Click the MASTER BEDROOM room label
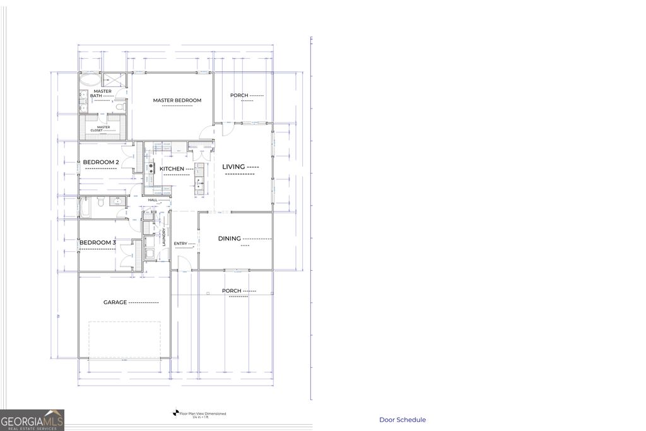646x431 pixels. point(177,100)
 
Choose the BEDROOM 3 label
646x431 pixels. point(97,242)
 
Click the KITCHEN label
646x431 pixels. point(172,168)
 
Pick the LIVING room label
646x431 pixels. point(233,167)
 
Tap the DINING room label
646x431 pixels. point(230,239)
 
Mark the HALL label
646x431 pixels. point(153,200)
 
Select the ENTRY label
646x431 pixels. point(180,244)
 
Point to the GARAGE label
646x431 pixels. point(115,302)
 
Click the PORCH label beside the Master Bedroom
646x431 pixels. point(239,95)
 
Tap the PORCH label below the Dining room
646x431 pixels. point(232,291)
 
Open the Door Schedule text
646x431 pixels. point(402,420)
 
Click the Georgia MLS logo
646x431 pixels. point(32,420)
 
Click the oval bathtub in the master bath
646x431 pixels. point(90,81)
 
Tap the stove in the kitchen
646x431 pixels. point(151,168)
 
